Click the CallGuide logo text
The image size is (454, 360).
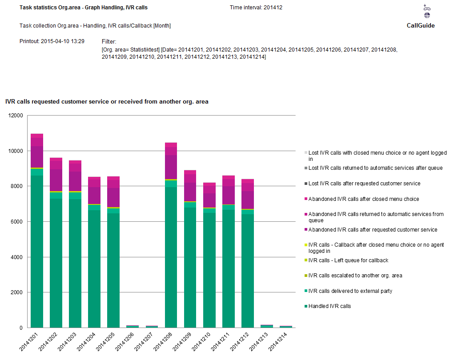[x=420, y=25]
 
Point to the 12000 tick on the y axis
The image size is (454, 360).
[x=16, y=116]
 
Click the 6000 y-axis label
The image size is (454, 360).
[x=16, y=222]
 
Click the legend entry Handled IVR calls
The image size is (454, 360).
[x=329, y=306]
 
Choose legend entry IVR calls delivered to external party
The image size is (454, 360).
[x=350, y=291]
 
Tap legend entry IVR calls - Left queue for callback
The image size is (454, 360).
[x=348, y=260]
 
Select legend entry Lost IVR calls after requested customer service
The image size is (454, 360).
[x=364, y=184]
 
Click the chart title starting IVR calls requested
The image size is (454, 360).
[x=107, y=102]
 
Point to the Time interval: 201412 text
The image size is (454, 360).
[x=256, y=8]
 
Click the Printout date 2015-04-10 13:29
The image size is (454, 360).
[x=52, y=41]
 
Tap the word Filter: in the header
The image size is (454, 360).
[x=109, y=41]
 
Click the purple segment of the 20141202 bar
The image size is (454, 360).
[x=56, y=180]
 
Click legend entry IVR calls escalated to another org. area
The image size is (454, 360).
[x=355, y=276]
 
